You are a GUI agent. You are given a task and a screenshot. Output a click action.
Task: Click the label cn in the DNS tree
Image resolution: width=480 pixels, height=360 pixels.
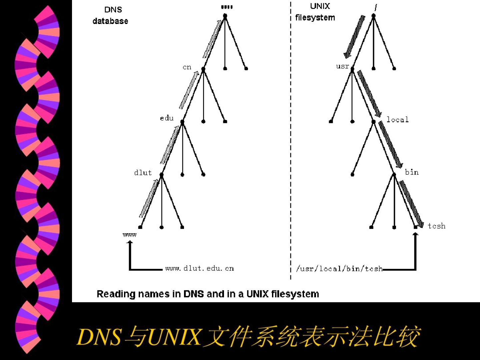pyautogui.click(x=187, y=67)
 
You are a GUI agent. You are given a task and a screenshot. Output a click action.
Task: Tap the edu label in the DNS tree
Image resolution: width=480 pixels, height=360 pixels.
pyautogui.click(x=167, y=118)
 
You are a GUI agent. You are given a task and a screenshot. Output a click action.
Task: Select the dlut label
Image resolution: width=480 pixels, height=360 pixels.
pyautogui.click(x=143, y=173)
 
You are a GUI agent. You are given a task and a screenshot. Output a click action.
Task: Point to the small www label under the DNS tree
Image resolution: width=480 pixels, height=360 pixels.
pyautogui.click(x=129, y=235)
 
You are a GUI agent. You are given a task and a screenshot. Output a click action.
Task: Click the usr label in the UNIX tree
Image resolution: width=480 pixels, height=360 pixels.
pyautogui.click(x=343, y=66)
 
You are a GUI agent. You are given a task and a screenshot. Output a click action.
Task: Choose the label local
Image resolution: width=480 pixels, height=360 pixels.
pyautogui.click(x=397, y=120)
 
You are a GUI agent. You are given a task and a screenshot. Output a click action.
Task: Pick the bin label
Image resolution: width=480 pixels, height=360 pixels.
pyautogui.click(x=412, y=172)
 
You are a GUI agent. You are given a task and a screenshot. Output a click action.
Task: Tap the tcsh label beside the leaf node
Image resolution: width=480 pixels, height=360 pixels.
pyautogui.click(x=436, y=226)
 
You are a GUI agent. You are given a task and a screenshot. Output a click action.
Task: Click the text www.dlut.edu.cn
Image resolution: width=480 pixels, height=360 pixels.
pyautogui.click(x=199, y=268)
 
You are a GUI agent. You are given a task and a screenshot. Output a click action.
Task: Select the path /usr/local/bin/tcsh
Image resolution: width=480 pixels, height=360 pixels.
pyautogui.click(x=339, y=269)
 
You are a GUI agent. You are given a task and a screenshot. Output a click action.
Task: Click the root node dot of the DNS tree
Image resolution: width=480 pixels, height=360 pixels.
pyautogui.click(x=225, y=16)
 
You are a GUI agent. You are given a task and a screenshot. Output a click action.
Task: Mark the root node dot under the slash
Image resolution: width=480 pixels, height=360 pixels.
pyautogui.click(x=374, y=16)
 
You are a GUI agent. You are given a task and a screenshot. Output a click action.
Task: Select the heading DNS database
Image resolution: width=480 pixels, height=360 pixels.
pyautogui.click(x=111, y=15)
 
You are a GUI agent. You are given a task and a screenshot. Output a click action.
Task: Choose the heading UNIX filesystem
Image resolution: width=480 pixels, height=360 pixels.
pyautogui.click(x=315, y=12)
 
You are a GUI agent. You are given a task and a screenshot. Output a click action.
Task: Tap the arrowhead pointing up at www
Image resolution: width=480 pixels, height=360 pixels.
pyautogui.click(x=130, y=243)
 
